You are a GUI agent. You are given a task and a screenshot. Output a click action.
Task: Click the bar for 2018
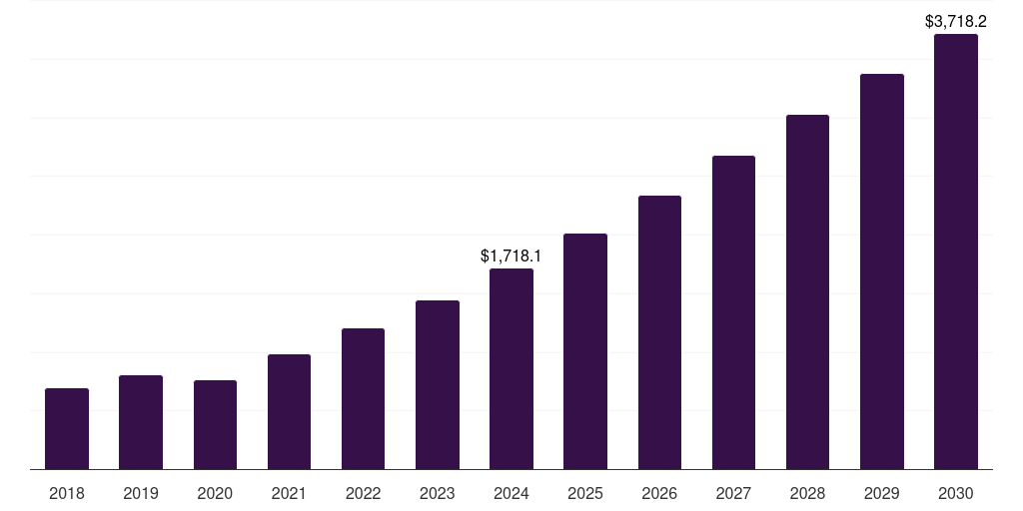coord(67,428)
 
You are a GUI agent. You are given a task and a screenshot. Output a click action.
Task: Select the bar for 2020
coord(215,424)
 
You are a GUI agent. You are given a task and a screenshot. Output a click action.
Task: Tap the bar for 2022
coord(363,398)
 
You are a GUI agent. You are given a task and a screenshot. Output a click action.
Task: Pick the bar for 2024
coord(511,368)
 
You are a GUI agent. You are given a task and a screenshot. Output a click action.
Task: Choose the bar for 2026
coord(659,331)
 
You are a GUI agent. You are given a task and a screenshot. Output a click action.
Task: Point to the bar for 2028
coord(807,291)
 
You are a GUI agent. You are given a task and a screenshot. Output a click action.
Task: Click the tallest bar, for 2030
coord(956,252)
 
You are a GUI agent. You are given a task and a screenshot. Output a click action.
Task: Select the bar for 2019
coord(141,421)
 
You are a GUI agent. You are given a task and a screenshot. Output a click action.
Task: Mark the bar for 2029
coord(882,270)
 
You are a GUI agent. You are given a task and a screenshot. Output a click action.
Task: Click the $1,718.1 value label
coord(511,256)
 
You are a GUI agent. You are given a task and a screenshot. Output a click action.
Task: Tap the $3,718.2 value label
coord(956,21)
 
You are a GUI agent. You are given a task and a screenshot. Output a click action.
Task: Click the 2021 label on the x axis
coord(289,493)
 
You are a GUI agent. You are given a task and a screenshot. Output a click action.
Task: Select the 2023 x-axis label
coord(438,493)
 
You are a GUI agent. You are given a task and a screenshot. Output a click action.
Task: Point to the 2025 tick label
coord(585,493)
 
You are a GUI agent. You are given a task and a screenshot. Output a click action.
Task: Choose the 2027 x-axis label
coord(733,493)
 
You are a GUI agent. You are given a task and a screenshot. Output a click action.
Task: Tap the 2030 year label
coord(956,493)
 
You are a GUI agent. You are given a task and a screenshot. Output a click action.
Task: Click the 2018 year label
coord(67,493)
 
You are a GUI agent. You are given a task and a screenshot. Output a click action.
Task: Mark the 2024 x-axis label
coord(511,493)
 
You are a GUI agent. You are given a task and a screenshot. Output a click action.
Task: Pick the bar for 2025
coord(585,350)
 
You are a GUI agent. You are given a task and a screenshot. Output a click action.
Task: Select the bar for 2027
coord(733,311)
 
